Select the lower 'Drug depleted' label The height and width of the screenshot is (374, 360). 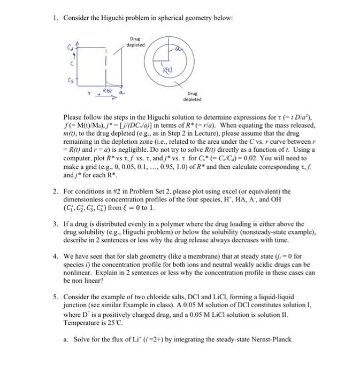(192, 96)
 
